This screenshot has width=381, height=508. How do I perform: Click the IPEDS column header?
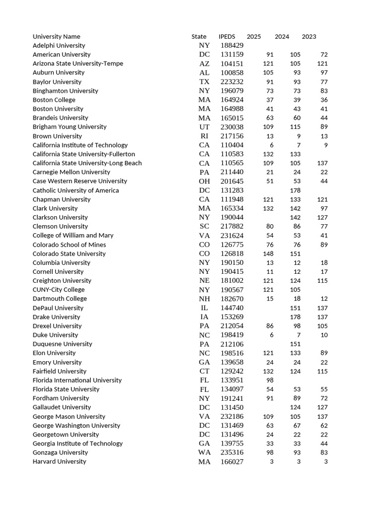coord(227,37)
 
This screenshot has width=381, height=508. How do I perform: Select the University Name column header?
coord(56,37)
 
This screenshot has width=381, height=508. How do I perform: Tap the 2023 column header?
coord(309,37)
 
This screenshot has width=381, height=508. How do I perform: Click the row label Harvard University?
coord(59,462)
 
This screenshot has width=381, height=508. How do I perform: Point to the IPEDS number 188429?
coord(232,46)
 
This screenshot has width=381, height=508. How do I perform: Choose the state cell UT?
coord(204,127)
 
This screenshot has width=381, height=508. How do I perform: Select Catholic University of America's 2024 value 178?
coord(295,190)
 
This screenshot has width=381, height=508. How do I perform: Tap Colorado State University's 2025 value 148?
coord(268,254)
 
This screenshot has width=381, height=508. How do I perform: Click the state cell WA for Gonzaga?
coord(204,452)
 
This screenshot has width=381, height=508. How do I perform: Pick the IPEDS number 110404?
coord(232,145)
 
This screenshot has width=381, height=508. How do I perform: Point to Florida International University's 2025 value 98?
coord(269,380)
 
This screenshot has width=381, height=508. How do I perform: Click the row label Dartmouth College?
coord(60,299)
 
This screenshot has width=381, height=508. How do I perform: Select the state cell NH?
coord(204,299)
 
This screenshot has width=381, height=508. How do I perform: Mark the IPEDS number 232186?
coord(232,417)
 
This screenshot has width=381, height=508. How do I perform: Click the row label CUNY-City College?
coord(59,290)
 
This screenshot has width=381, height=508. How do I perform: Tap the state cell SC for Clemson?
coord(204,227)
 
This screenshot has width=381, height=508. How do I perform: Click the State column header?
coord(199,37)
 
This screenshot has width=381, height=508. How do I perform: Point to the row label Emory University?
coord(57,362)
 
